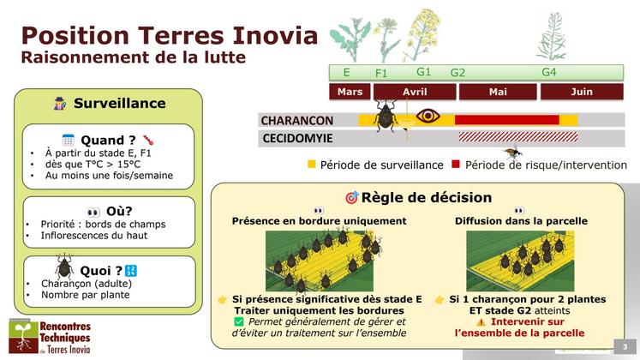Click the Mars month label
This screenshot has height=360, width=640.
pos(350,92)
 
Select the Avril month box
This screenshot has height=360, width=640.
pos(415,92)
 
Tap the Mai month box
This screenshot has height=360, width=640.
pos(498,92)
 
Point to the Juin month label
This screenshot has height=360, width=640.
pos(581,92)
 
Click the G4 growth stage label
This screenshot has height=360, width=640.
pos(549,72)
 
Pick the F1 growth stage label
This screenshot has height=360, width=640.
pos(382,74)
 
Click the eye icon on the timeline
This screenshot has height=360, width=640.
pos(428,115)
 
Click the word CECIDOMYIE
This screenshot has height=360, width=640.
pos(297,137)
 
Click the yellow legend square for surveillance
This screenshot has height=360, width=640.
pos(312,164)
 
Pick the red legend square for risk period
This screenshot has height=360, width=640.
pos(456,164)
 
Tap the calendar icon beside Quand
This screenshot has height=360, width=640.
pos(69,140)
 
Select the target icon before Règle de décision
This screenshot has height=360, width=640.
pos(351,198)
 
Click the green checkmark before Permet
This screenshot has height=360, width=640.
pos(239,321)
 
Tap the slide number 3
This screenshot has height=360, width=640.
pos(625,345)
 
